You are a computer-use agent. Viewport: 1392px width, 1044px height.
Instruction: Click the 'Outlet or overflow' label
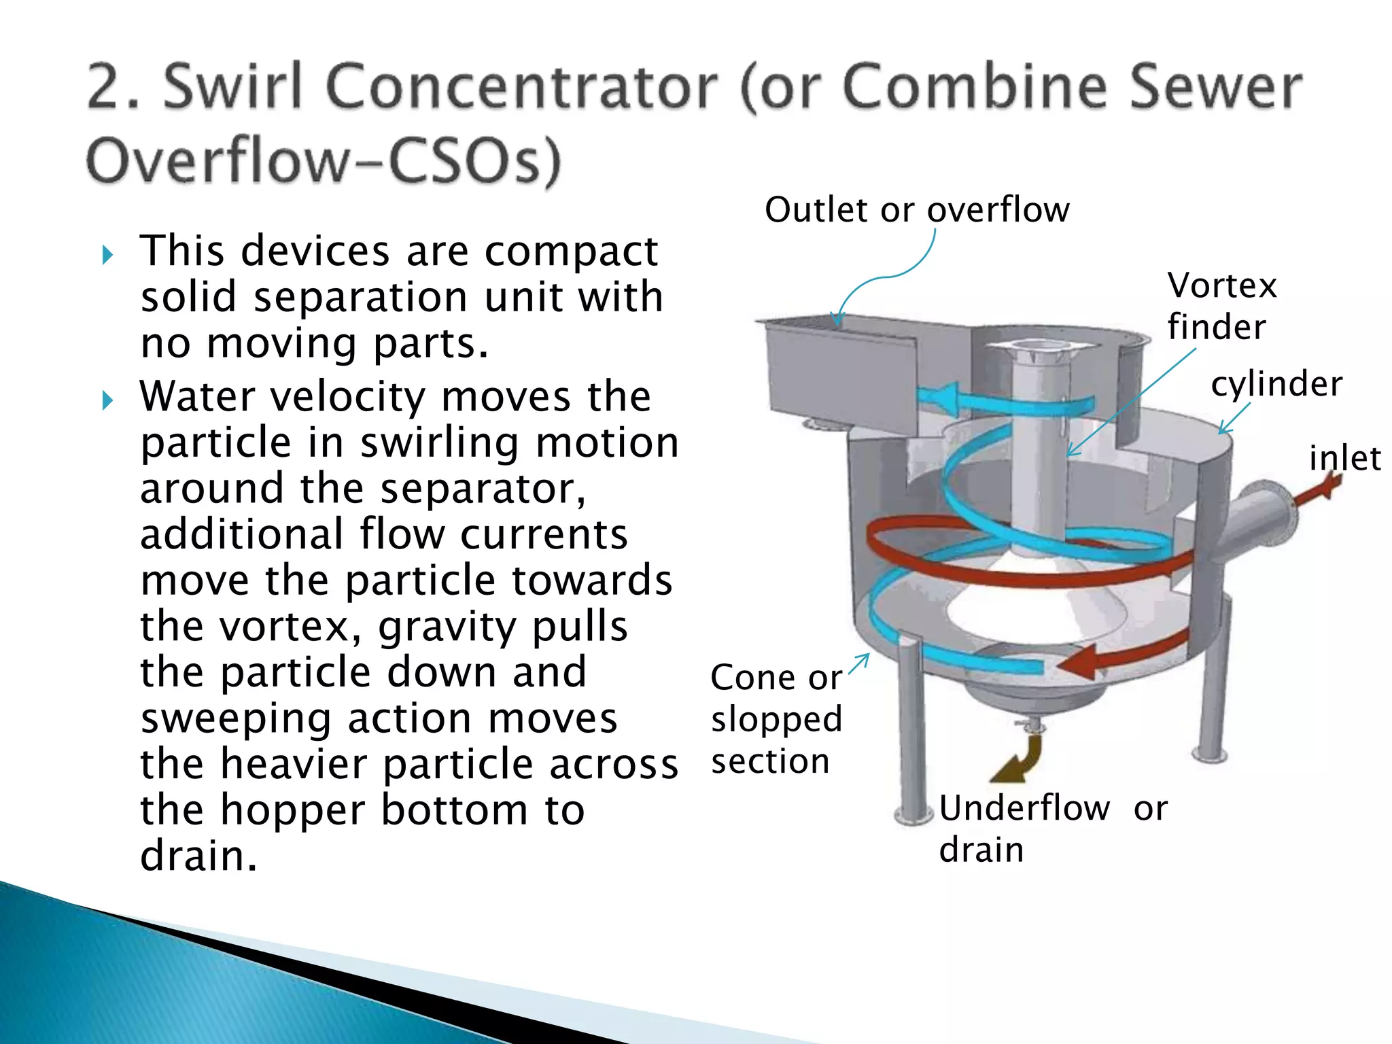pos(917,210)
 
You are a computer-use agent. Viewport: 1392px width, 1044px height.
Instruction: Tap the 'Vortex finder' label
pos(1221,306)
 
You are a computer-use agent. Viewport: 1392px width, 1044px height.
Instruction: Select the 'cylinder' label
pos(1276,384)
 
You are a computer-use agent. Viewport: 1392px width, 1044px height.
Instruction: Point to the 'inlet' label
pos(1344,459)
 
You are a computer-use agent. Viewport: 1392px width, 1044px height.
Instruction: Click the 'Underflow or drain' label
pos(1052,829)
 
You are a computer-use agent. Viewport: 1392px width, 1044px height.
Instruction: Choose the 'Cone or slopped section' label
pos(776,718)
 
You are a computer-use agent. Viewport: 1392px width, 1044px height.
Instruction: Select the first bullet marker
pos(107,256)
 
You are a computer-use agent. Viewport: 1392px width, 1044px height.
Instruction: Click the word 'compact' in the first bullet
pos(571,251)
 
